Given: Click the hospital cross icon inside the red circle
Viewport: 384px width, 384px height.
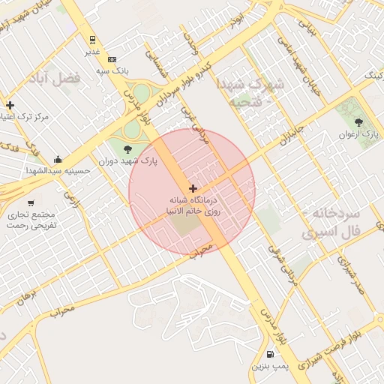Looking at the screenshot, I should [x=193, y=187].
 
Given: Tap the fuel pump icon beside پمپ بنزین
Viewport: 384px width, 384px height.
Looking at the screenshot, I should [x=270, y=354].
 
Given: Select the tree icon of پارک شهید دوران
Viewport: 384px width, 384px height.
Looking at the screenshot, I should [x=127, y=148].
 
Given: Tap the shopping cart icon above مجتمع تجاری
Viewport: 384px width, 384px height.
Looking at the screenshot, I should [x=30, y=202].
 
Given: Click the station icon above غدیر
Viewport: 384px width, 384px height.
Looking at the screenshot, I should [x=91, y=40].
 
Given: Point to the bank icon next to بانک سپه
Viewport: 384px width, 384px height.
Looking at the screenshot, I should [x=112, y=59].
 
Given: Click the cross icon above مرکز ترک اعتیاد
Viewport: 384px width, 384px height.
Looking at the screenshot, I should [x=10, y=105].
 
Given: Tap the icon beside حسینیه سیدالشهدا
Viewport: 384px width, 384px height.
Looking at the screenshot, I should [x=58, y=159].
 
